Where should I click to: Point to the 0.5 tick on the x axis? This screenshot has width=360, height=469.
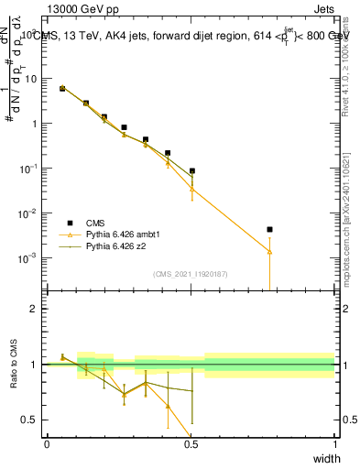191,444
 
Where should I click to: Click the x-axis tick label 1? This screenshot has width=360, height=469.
335,444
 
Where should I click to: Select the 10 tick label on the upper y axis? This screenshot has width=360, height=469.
31,79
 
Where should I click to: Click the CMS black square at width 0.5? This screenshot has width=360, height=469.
191,171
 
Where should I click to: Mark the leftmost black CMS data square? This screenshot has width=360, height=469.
62,88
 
